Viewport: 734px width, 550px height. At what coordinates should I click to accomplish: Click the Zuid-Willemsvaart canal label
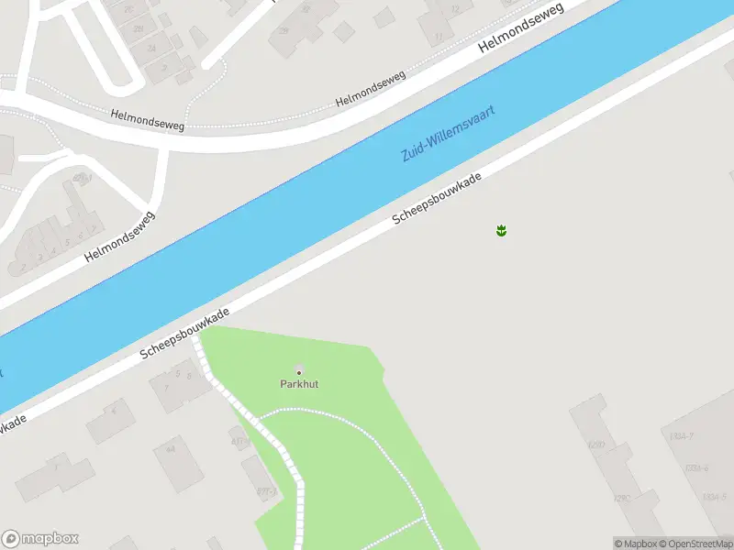coord(449,134)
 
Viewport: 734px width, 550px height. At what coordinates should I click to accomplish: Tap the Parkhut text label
coord(299,384)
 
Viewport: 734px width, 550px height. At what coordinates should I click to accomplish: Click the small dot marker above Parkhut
coord(298,370)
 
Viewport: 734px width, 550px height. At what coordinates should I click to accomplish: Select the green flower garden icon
coord(501,230)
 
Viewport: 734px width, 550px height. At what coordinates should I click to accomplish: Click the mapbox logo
coord(40,538)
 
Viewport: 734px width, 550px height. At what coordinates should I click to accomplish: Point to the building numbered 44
coord(171,450)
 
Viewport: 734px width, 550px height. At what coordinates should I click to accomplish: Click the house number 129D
coord(597,446)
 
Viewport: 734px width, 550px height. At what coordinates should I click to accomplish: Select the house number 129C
coord(622,499)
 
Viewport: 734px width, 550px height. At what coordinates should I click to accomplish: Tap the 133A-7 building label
coord(681,435)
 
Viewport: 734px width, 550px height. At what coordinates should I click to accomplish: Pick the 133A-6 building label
coord(697,467)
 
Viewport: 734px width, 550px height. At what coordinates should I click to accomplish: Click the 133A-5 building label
coord(714,497)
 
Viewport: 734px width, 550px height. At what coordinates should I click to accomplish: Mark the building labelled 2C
coord(128,9)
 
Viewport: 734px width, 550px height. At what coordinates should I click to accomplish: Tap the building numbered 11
coord(440,37)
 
